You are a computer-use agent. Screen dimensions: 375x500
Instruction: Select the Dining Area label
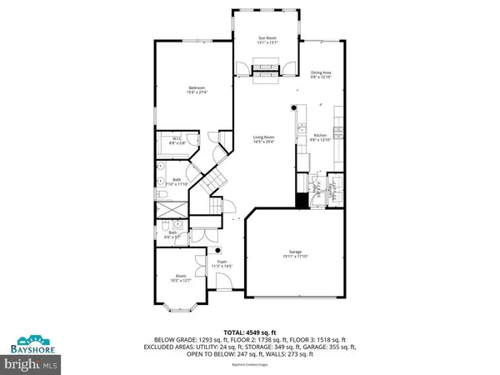point(322,73)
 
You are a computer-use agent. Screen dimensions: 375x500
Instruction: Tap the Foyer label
point(222,262)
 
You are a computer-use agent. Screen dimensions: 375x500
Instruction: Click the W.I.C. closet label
point(177,138)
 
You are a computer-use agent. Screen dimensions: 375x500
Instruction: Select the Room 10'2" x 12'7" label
point(181,276)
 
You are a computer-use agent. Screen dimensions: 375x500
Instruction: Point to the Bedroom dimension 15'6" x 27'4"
point(197,92)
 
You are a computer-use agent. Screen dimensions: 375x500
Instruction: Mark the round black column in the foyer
point(218,249)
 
